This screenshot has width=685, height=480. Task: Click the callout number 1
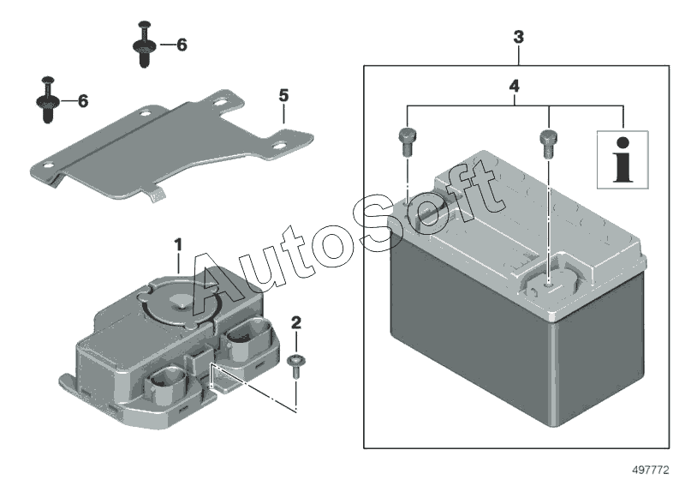(x=178, y=245)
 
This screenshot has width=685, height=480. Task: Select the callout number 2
(x=296, y=323)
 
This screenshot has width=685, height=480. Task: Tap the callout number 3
(x=518, y=38)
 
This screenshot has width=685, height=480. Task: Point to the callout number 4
(x=514, y=87)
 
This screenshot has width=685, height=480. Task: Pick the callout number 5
(x=283, y=94)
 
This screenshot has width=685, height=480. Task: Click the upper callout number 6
(x=182, y=45)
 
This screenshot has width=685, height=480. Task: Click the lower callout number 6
(x=83, y=101)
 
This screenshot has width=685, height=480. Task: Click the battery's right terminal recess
(x=549, y=283)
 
